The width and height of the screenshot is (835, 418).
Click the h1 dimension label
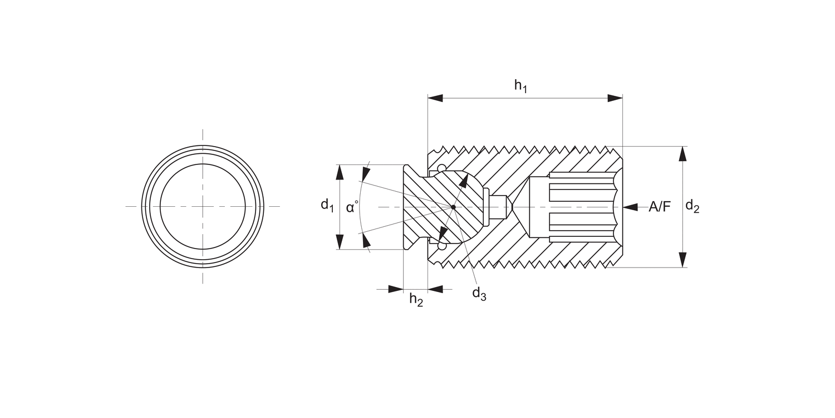pyautogui.click(x=520, y=86)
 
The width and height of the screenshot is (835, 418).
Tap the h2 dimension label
pyautogui.click(x=416, y=300)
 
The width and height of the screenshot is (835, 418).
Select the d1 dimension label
pyautogui.click(x=327, y=205)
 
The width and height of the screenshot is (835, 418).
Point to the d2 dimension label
pyautogui.click(x=692, y=207)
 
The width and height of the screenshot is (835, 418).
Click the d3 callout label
pyautogui.click(x=479, y=294)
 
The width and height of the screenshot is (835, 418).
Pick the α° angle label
pyautogui.click(x=352, y=208)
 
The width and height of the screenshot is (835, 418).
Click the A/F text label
pyautogui.click(x=660, y=207)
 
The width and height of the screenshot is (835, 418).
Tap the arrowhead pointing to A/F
pyautogui.click(x=630, y=207)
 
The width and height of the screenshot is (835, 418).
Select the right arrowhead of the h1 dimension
pyautogui.click(x=615, y=98)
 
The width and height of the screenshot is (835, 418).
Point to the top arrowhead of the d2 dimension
pyautogui.click(x=683, y=154)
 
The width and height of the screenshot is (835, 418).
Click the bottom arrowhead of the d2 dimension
pyautogui.click(x=683, y=260)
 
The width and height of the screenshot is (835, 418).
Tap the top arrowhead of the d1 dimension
pyautogui.click(x=339, y=172)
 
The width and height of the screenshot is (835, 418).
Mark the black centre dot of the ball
pyautogui.click(x=454, y=207)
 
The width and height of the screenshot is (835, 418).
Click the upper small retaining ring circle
pyautogui.click(x=441, y=168)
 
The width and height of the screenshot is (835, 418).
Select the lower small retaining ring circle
pyautogui.click(x=441, y=246)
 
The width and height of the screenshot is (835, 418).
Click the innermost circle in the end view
pyautogui.click(x=203, y=207)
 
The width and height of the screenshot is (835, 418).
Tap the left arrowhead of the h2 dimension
pyautogui.click(x=395, y=289)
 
